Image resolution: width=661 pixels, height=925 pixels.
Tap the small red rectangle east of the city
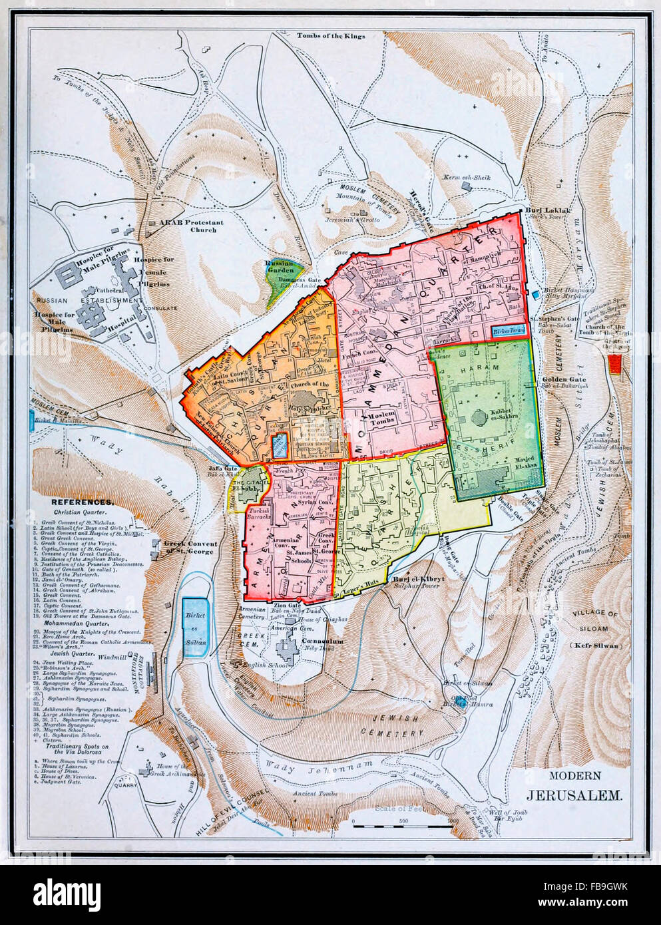pyautogui.click(x=614, y=363)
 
